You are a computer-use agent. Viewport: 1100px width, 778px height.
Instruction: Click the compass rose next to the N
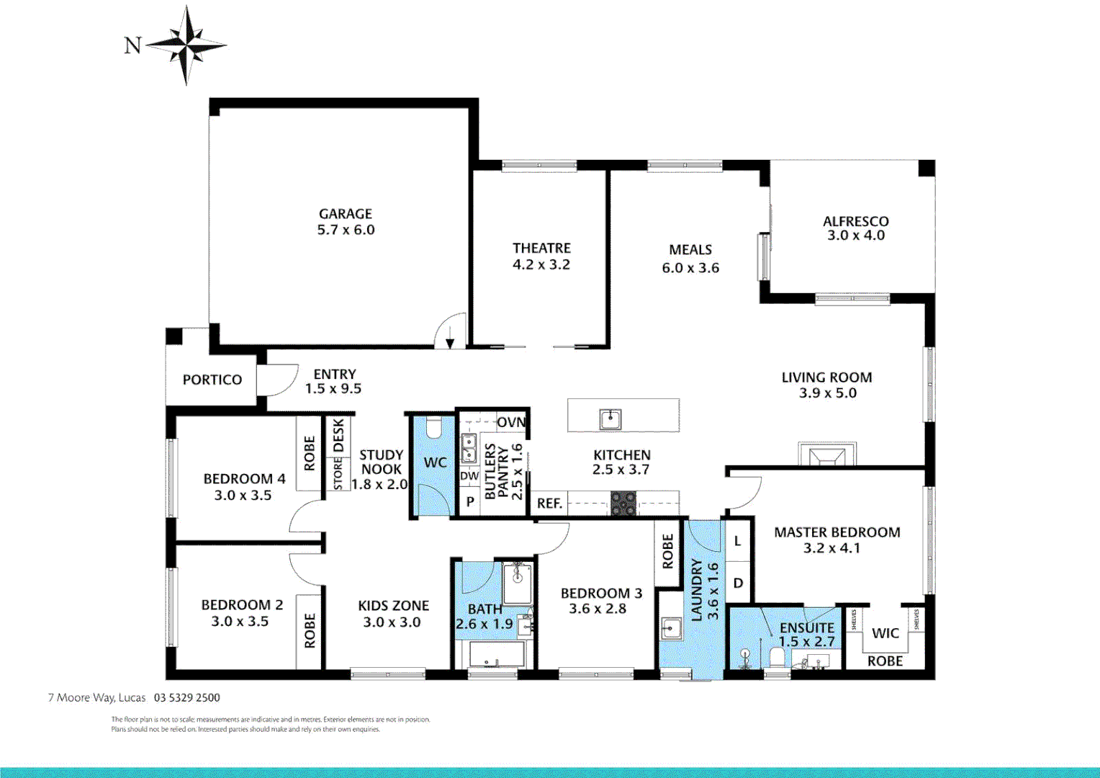point(186,45)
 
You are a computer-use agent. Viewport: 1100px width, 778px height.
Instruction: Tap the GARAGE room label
point(346,214)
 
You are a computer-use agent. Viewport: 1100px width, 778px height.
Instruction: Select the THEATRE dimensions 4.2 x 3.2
point(541,265)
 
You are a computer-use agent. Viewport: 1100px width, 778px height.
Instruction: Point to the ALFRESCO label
point(855,221)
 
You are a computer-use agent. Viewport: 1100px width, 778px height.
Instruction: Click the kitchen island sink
point(610,419)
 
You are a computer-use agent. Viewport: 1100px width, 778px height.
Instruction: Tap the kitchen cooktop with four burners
point(623,503)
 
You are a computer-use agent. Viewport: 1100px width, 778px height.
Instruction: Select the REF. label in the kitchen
point(549,504)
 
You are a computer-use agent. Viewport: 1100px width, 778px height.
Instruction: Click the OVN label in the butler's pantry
point(511,422)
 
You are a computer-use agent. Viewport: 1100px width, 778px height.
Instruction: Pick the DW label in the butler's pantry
point(469,476)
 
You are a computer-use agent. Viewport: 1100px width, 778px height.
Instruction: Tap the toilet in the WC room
point(433,428)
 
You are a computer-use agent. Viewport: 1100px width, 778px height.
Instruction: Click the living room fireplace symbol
point(827,455)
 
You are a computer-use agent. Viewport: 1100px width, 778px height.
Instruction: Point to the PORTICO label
point(212,380)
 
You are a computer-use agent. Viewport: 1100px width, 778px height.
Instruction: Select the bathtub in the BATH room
point(497,656)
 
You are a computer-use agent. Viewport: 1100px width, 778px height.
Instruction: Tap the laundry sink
point(670,628)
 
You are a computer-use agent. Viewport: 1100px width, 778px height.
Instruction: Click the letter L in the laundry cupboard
point(737,541)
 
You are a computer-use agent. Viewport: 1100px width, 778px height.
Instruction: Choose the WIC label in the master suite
point(885,633)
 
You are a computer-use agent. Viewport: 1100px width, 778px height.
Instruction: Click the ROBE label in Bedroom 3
point(667,551)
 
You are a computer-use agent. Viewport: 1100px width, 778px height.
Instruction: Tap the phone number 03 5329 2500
point(187,697)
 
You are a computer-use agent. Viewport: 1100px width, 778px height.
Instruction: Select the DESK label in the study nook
point(338,436)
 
